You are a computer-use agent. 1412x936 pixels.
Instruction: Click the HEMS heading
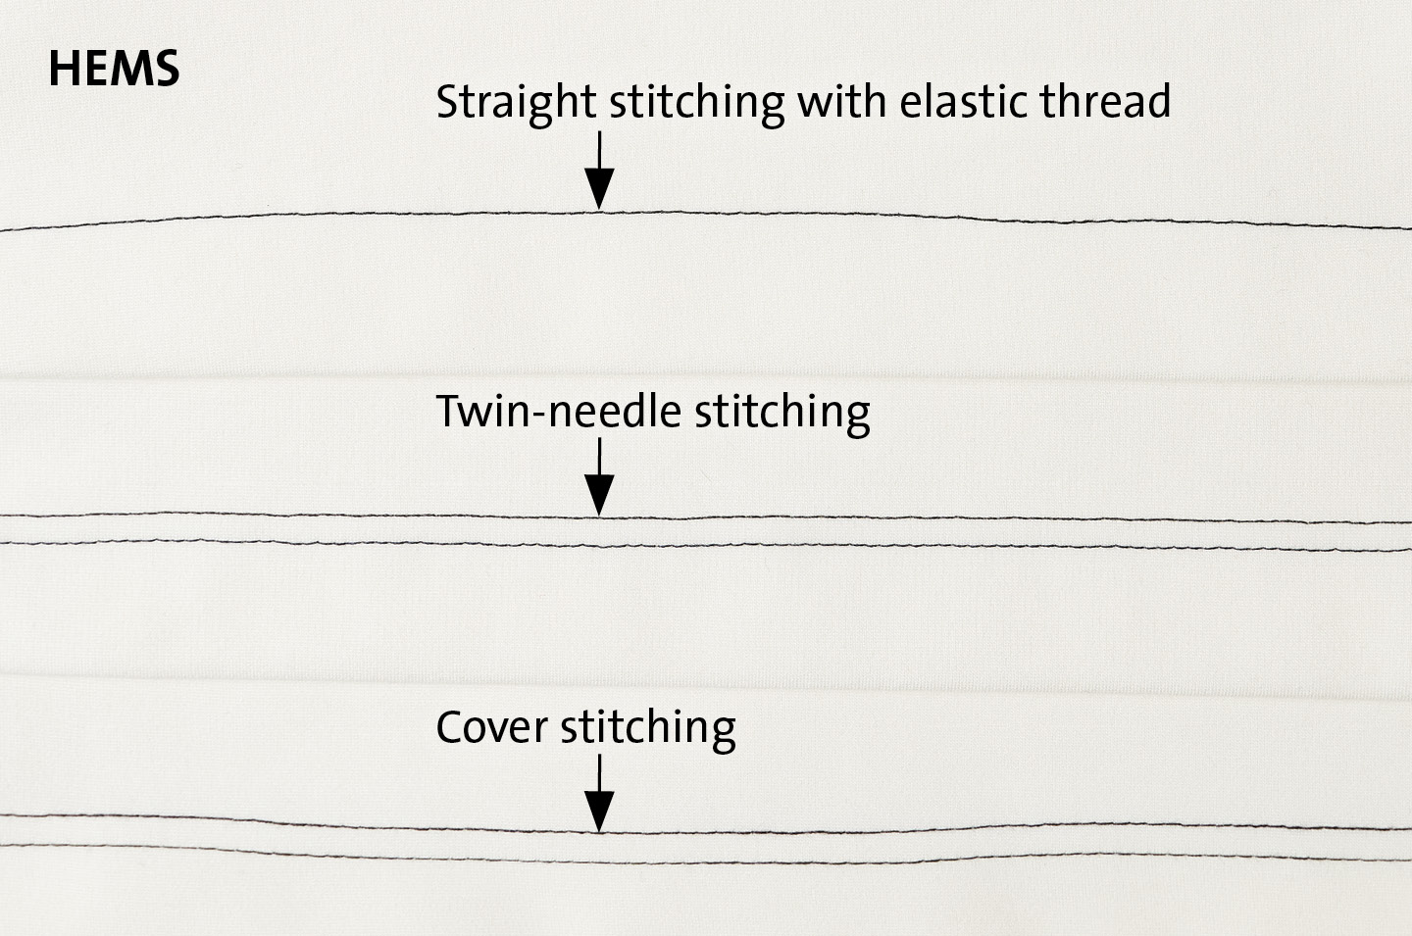pos(114,69)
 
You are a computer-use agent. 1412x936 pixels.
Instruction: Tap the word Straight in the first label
pos(516,103)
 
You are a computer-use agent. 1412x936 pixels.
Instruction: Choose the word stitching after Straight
pos(696,103)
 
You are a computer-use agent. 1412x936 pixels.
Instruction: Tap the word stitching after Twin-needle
pos(782,413)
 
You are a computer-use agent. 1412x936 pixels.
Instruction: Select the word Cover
pos(491,727)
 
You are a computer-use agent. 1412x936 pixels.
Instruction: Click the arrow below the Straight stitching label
pos(599,171)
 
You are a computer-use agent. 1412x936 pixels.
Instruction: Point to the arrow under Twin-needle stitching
pos(599,476)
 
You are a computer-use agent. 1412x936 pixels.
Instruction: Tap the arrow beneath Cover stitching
pos(599,794)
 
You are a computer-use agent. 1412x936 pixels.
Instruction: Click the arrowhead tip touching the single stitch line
pos(599,210)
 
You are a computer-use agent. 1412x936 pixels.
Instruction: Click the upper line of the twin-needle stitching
pos(706,519)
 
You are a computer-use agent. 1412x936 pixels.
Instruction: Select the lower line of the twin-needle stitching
pos(706,546)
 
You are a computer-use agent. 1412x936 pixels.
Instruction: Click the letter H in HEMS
pos(63,69)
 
